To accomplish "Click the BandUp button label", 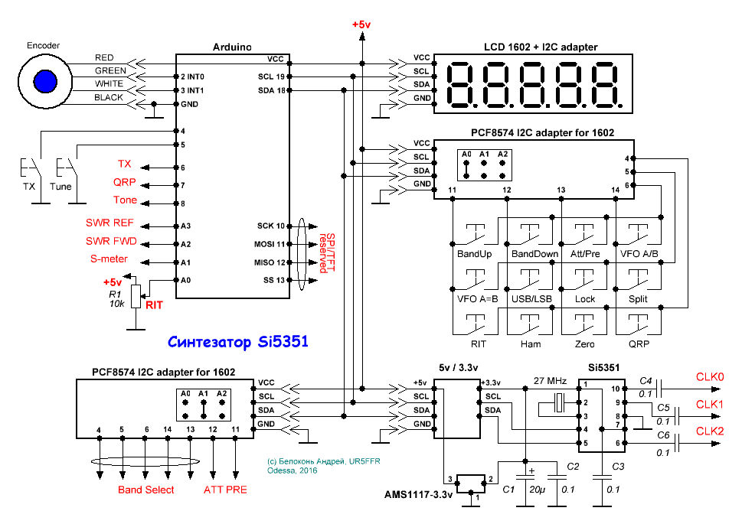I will (x=474, y=254).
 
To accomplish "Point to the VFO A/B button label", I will (x=639, y=254).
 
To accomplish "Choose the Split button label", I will (x=639, y=299).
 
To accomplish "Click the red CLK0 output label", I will (x=709, y=377).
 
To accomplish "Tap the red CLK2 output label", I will (x=709, y=431).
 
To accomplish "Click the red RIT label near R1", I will (x=155, y=304).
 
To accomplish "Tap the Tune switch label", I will (x=61, y=187).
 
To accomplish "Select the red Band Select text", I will (x=145, y=490).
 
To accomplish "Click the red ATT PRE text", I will (x=225, y=490).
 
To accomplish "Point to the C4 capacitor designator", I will (x=646, y=379).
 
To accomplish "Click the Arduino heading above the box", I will (x=232, y=47).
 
